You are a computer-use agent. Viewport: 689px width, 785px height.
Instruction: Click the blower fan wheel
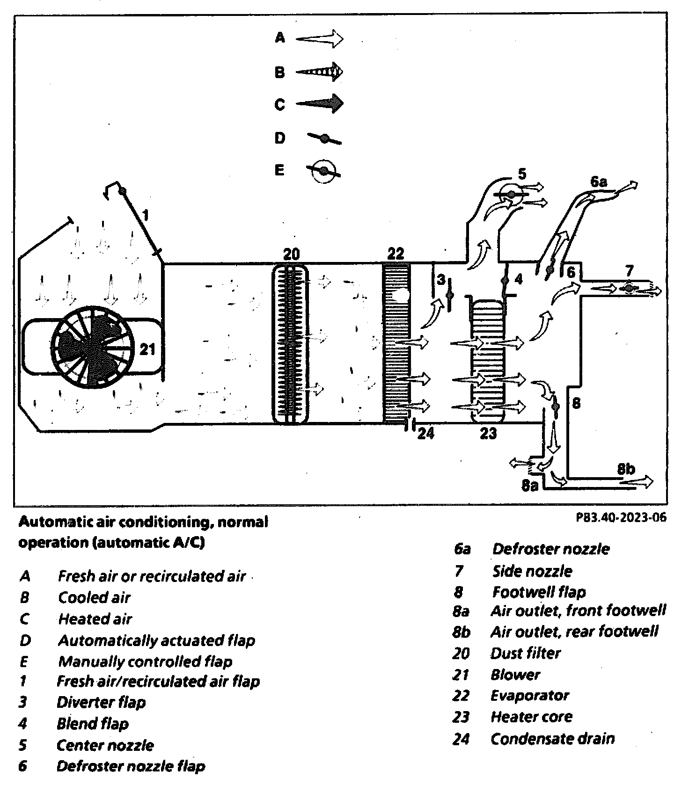tap(92, 347)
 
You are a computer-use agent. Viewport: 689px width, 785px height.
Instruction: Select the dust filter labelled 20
tap(291, 344)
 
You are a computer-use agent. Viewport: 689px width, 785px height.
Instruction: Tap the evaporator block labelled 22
tap(396, 344)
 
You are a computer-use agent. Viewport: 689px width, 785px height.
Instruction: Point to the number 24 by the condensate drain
tap(425, 433)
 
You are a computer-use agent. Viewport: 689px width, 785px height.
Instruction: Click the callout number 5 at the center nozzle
tap(522, 174)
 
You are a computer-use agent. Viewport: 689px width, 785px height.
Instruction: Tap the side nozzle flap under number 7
tap(629, 288)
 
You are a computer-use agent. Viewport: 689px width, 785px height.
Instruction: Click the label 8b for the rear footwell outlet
tap(626, 468)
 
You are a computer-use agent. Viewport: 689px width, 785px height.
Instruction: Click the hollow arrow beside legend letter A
tap(319, 38)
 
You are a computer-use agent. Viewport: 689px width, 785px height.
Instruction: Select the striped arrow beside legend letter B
tap(319, 72)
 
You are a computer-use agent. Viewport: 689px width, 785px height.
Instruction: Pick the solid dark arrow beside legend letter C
tap(319, 103)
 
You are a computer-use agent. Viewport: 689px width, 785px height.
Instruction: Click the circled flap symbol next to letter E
tap(323, 171)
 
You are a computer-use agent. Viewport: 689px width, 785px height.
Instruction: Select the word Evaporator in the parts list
tap(529, 696)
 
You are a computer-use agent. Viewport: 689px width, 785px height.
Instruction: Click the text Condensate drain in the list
tap(552, 739)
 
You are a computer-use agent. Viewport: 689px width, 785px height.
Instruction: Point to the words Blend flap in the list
tap(92, 724)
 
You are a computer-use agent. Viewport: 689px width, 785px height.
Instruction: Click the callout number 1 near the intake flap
tap(146, 215)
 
